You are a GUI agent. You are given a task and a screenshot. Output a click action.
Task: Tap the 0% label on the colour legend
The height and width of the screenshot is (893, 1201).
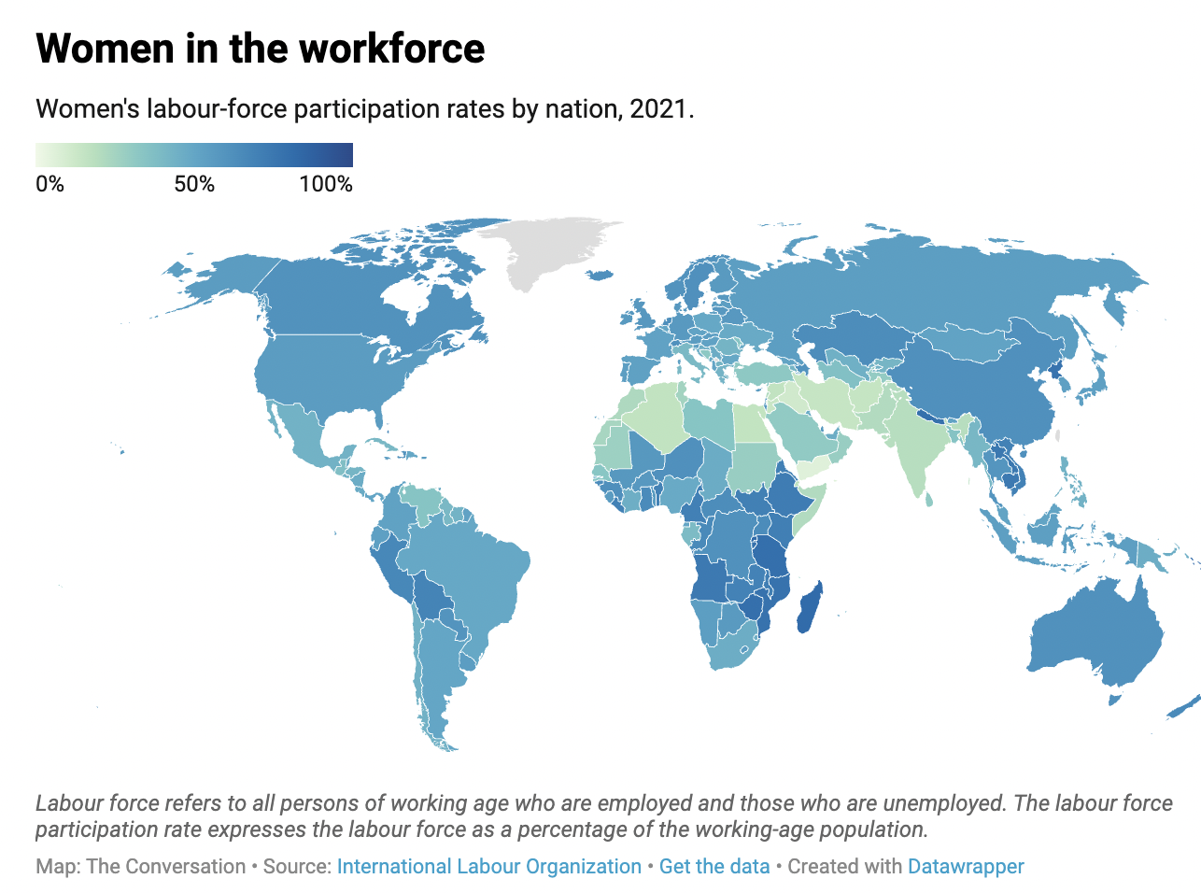coord(49,184)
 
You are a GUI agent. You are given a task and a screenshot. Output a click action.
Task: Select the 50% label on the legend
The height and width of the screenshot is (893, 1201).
coord(194,184)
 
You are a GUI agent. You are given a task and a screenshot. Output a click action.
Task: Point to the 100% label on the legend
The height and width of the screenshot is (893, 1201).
coord(326,184)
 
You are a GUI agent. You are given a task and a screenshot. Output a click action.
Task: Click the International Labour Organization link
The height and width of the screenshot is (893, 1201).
coord(488,866)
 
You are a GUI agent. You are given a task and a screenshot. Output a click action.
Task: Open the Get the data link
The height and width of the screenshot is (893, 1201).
coord(714,866)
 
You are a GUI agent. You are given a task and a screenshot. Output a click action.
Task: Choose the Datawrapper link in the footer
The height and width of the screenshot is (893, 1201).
coord(966,866)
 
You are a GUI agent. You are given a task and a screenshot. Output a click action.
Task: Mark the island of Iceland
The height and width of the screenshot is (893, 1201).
coord(600,275)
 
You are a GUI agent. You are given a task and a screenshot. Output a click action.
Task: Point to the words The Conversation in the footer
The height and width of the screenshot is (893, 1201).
coord(165,866)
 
